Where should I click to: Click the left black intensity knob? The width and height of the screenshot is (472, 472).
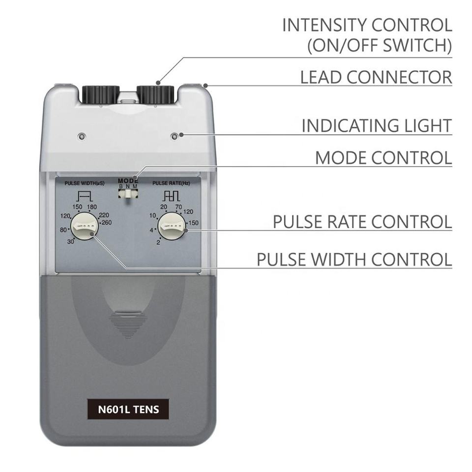100,94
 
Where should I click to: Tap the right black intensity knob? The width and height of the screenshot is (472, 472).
155,94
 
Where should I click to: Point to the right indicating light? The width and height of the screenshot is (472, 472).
174,136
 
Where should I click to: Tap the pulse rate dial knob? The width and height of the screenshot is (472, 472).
171,227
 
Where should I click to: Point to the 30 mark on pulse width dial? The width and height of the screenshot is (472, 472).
70,241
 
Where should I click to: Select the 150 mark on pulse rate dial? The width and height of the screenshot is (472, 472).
193,223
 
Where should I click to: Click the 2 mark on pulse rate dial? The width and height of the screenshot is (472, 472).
158,242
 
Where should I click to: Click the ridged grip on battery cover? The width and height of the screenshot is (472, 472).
128,325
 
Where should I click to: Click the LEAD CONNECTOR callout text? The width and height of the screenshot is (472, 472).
376,77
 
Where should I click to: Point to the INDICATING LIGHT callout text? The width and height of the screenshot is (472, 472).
377,125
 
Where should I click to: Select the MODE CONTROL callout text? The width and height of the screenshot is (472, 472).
383,158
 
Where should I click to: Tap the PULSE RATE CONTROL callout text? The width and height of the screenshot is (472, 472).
362,222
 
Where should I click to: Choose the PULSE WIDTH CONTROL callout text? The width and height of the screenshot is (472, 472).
354,259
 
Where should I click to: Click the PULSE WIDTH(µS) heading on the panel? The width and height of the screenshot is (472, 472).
85,183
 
